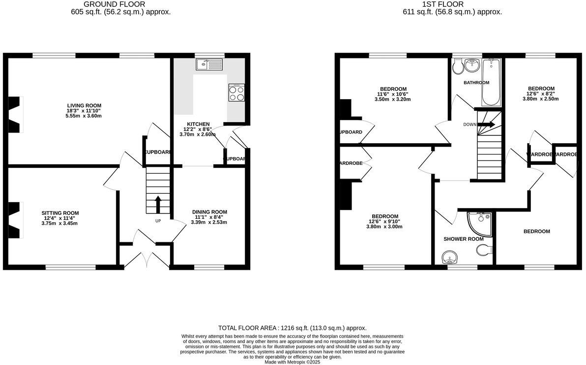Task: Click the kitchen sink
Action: click(x=209, y=64)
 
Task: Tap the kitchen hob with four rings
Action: click(x=237, y=93)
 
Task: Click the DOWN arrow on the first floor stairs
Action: click(x=486, y=125)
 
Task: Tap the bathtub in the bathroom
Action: click(x=492, y=82)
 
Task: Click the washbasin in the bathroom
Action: click(x=474, y=65)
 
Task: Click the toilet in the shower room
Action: click(x=484, y=251)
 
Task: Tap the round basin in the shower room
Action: click(x=449, y=257)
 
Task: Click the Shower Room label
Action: click(x=463, y=239)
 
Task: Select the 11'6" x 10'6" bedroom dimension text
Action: click(x=392, y=94)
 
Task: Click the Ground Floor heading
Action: click(x=121, y=4)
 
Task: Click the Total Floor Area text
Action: click(x=293, y=328)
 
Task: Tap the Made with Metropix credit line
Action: click(x=293, y=362)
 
